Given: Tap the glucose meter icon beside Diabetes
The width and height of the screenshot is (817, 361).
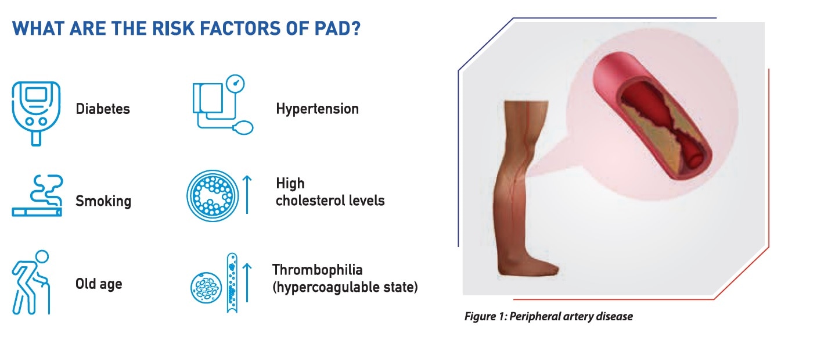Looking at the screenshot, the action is tap(36, 113).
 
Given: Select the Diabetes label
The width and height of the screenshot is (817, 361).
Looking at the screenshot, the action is tap(103, 109).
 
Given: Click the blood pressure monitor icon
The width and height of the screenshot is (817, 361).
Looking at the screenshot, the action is tap(223, 105).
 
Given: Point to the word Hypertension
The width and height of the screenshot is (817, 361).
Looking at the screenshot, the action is tap(317, 109).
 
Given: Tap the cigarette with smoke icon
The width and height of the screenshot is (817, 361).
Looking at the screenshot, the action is tap(37, 196).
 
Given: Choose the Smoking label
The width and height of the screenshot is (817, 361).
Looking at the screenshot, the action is tap(103, 201).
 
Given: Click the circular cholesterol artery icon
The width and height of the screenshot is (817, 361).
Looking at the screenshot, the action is tap(213, 196).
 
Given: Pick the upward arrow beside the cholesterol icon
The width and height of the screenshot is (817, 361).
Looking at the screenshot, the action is tap(247, 195).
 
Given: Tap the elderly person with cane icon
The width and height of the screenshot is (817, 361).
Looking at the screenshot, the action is tap(31, 282).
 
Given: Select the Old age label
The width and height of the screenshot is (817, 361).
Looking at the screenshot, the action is tap(99, 284).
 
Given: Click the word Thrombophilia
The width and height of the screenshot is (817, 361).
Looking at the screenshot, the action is tap(317, 270).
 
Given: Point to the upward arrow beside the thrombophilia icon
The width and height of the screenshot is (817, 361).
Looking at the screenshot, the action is tap(247, 283).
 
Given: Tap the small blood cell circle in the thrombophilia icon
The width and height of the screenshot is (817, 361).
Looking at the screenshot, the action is tap(206, 288).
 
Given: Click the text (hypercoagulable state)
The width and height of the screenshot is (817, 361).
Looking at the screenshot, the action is tap(345, 287).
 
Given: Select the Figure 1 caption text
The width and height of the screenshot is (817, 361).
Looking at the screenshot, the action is tap(549, 316).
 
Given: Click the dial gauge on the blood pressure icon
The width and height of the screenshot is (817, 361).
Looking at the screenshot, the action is tap(235, 84).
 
